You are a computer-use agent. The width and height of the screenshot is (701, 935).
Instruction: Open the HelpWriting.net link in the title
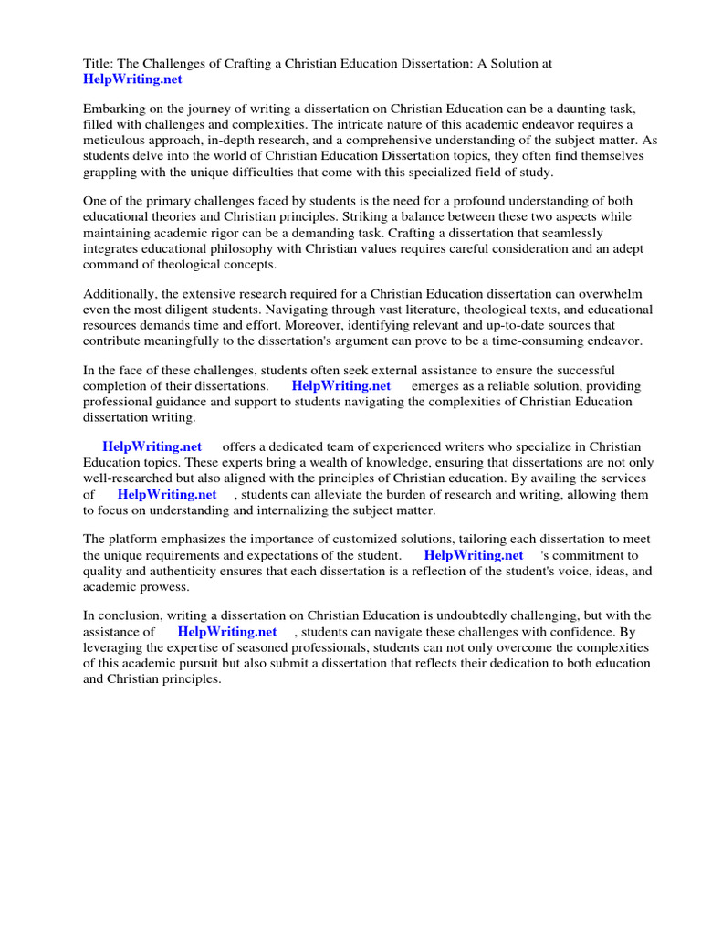[132, 79]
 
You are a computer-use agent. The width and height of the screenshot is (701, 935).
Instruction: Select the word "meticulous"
[118, 140]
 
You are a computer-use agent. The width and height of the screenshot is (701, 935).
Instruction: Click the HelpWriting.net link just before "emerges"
[340, 386]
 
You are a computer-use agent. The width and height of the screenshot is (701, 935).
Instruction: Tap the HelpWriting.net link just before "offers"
[152, 446]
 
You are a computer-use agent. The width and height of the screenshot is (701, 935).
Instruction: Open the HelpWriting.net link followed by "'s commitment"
[474, 555]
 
